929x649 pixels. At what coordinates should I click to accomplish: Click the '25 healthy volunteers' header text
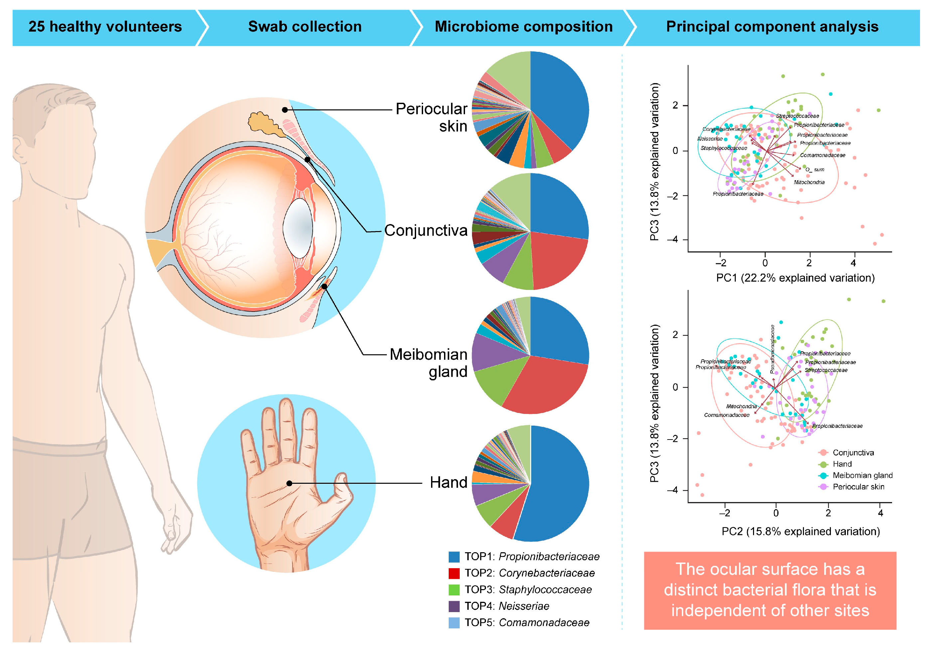(x=105, y=27)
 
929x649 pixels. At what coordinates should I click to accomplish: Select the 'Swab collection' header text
(x=305, y=27)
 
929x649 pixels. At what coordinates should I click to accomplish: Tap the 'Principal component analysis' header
(x=772, y=27)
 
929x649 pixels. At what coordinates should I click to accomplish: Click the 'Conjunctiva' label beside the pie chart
(x=426, y=230)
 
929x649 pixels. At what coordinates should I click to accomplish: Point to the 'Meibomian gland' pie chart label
(x=428, y=363)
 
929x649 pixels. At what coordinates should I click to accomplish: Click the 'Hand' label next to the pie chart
(x=448, y=482)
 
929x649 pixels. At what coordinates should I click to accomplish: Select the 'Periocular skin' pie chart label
(x=431, y=117)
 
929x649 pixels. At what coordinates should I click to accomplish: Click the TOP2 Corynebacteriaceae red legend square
(x=454, y=574)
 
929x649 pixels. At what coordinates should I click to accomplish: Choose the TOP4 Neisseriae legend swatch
(x=454, y=606)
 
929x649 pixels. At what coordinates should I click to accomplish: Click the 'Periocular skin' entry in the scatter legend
(x=858, y=487)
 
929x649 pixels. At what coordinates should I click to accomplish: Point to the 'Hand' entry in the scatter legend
(x=842, y=464)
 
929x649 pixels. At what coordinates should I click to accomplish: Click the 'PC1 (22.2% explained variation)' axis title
(x=795, y=278)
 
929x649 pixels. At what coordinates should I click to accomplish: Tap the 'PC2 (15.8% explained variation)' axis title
(x=800, y=531)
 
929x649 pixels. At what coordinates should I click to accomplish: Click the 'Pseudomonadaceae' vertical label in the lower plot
(x=772, y=348)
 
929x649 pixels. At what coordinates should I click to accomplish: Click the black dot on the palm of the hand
(x=289, y=483)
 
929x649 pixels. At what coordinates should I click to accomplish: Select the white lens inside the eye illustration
(x=298, y=228)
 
